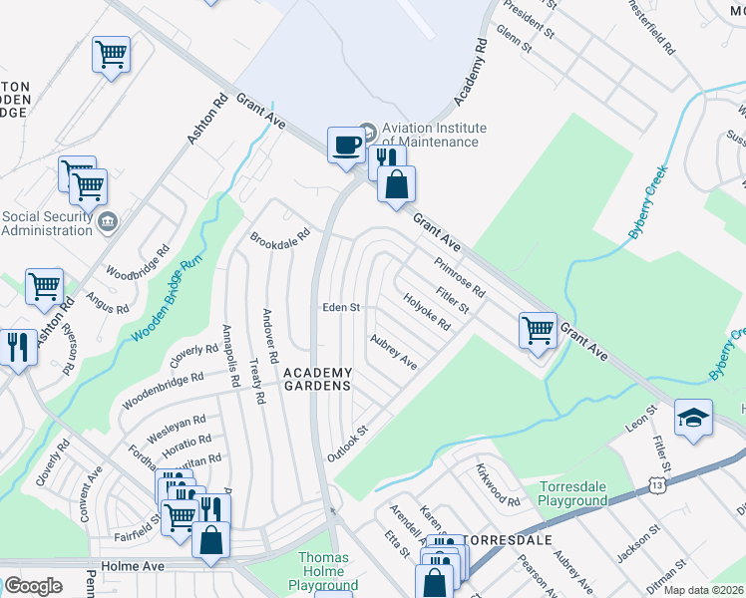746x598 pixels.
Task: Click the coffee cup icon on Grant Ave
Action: coord(346,145)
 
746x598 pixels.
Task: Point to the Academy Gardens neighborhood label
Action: coord(317,379)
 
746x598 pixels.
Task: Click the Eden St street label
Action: coord(340,308)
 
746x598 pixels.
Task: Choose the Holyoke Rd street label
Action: coord(427,310)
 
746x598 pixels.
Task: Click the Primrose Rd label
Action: coord(459,278)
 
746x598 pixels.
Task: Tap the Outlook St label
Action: coord(348,444)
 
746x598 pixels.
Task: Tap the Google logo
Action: coord(33,586)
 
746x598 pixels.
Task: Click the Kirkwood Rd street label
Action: coord(498,483)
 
